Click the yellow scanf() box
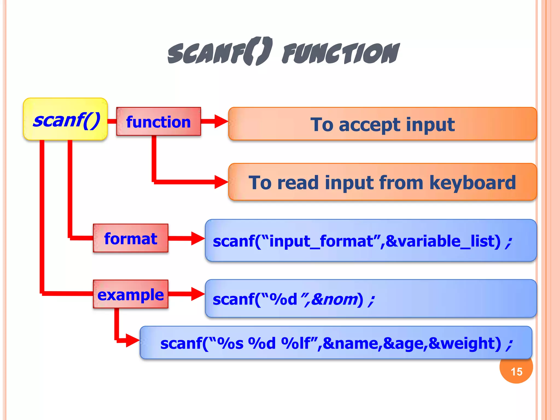[x=65, y=119]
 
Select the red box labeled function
[x=158, y=121]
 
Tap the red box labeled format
[x=130, y=238]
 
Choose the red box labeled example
[x=130, y=294]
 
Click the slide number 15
[x=516, y=372]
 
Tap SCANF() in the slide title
[x=220, y=52]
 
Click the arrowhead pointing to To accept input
[x=221, y=121]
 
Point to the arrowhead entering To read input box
[x=221, y=182]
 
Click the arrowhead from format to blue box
[x=197, y=238]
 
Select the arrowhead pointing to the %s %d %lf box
[x=132, y=340]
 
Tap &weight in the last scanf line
[x=465, y=343]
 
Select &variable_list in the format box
[x=443, y=241]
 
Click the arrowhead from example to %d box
[x=197, y=294]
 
